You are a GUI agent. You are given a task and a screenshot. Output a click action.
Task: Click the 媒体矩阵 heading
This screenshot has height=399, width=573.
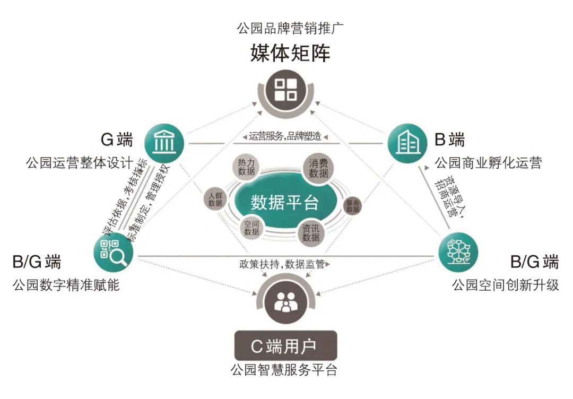pos(290,53)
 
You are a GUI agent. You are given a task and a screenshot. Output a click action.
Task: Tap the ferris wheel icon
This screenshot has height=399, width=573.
pos(458,251)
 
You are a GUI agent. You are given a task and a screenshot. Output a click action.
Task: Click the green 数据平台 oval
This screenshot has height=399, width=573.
pos(285,202)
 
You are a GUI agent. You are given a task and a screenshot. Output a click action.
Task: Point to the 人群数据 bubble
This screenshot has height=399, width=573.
pos(215,199)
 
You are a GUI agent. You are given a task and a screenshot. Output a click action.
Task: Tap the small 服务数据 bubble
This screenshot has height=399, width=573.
pos(353,206)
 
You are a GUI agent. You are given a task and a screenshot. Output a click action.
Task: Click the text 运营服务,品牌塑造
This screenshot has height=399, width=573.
pos(285,136)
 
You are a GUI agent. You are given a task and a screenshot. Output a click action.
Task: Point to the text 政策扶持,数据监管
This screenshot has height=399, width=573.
pos(282,264)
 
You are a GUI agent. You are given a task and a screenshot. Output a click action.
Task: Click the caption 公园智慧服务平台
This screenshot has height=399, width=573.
pos(284,370)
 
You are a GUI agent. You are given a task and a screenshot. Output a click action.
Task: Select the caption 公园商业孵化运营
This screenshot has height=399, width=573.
pos(488,163)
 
